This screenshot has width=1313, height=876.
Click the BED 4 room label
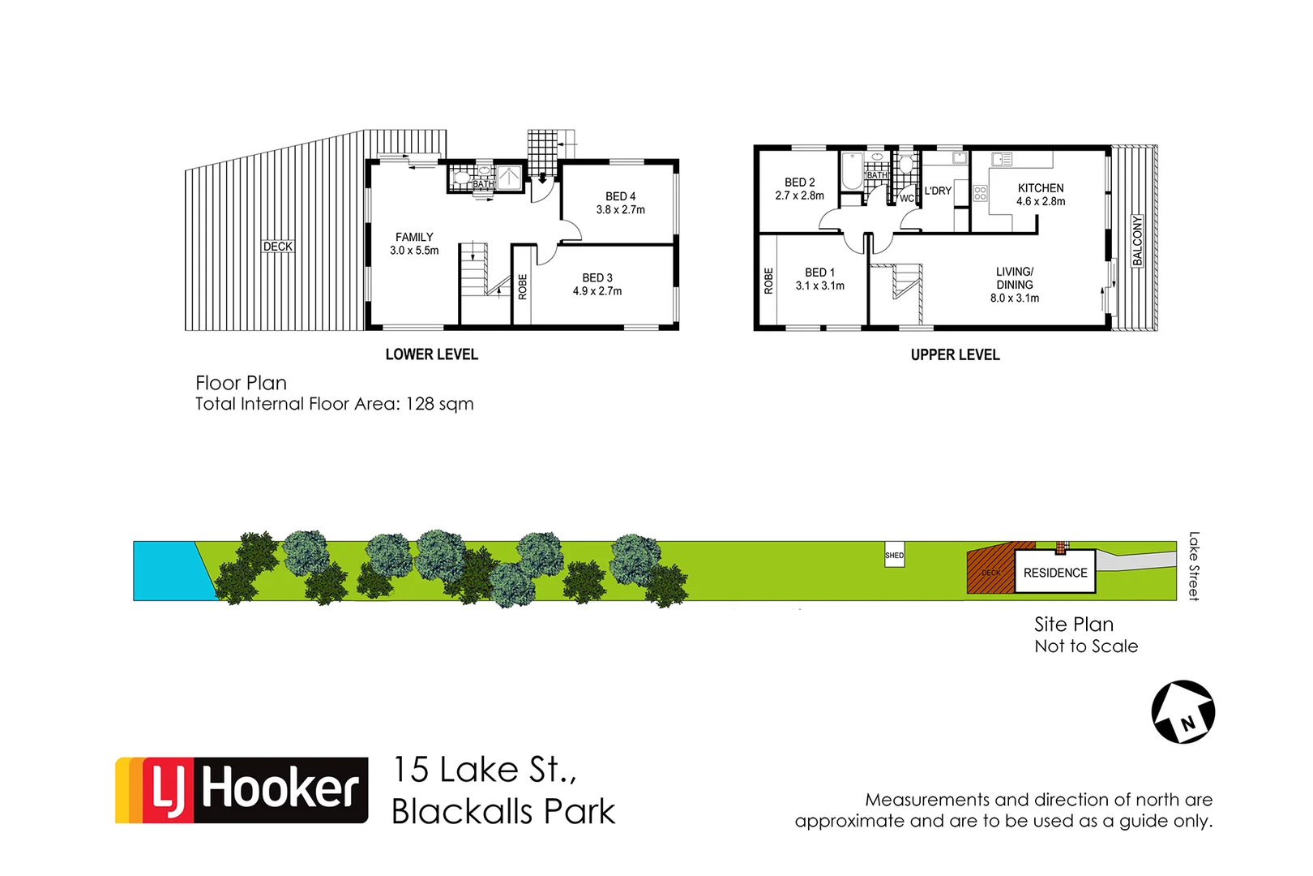point(620,196)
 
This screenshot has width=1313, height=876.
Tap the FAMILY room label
point(414,237)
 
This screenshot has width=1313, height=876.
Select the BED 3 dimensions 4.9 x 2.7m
point(597,291)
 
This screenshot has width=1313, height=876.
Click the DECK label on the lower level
point(278,247)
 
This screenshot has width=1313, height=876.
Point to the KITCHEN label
point(1041,187)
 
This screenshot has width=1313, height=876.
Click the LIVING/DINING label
point(1015,278)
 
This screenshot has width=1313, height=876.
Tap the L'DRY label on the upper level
point(938,191)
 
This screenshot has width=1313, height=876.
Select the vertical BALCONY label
point(1137,240)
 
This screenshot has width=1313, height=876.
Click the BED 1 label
point(819,273)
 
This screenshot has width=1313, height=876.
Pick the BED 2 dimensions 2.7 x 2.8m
point(799,195)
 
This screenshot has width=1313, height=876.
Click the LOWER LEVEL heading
point(431,354)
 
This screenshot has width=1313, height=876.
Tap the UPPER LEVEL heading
point(955,354)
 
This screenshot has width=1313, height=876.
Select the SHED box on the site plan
point(894,556)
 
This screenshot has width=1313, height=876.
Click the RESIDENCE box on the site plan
point(1055,573)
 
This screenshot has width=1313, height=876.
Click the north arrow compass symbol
point(1183,712)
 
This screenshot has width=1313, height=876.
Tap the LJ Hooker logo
point(242,790)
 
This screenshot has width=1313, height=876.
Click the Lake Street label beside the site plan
point(1193,566)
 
